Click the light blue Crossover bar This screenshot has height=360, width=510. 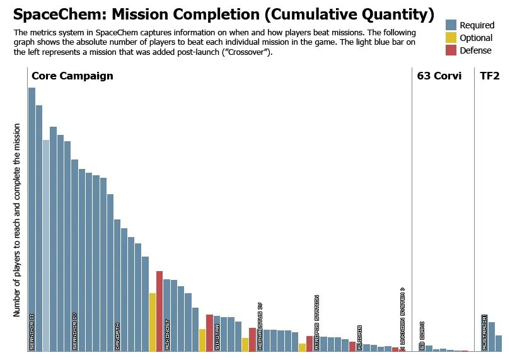coord(46,246)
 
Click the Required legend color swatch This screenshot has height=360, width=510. coord(451,25)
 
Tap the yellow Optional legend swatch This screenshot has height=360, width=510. coord(451,38)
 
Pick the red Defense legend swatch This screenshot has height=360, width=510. coord(451,51)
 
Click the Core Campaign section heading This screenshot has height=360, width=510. coord(72,76)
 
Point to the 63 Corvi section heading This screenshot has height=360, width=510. coord(439,76)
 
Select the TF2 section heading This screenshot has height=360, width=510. coord(490,76)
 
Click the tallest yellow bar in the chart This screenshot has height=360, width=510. coord(153,322)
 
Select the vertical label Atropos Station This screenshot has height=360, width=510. coord(316,322)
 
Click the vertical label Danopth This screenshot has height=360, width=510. coord(117,337)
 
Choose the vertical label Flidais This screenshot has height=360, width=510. coord(359,337)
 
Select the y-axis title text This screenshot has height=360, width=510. coord(18,219)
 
